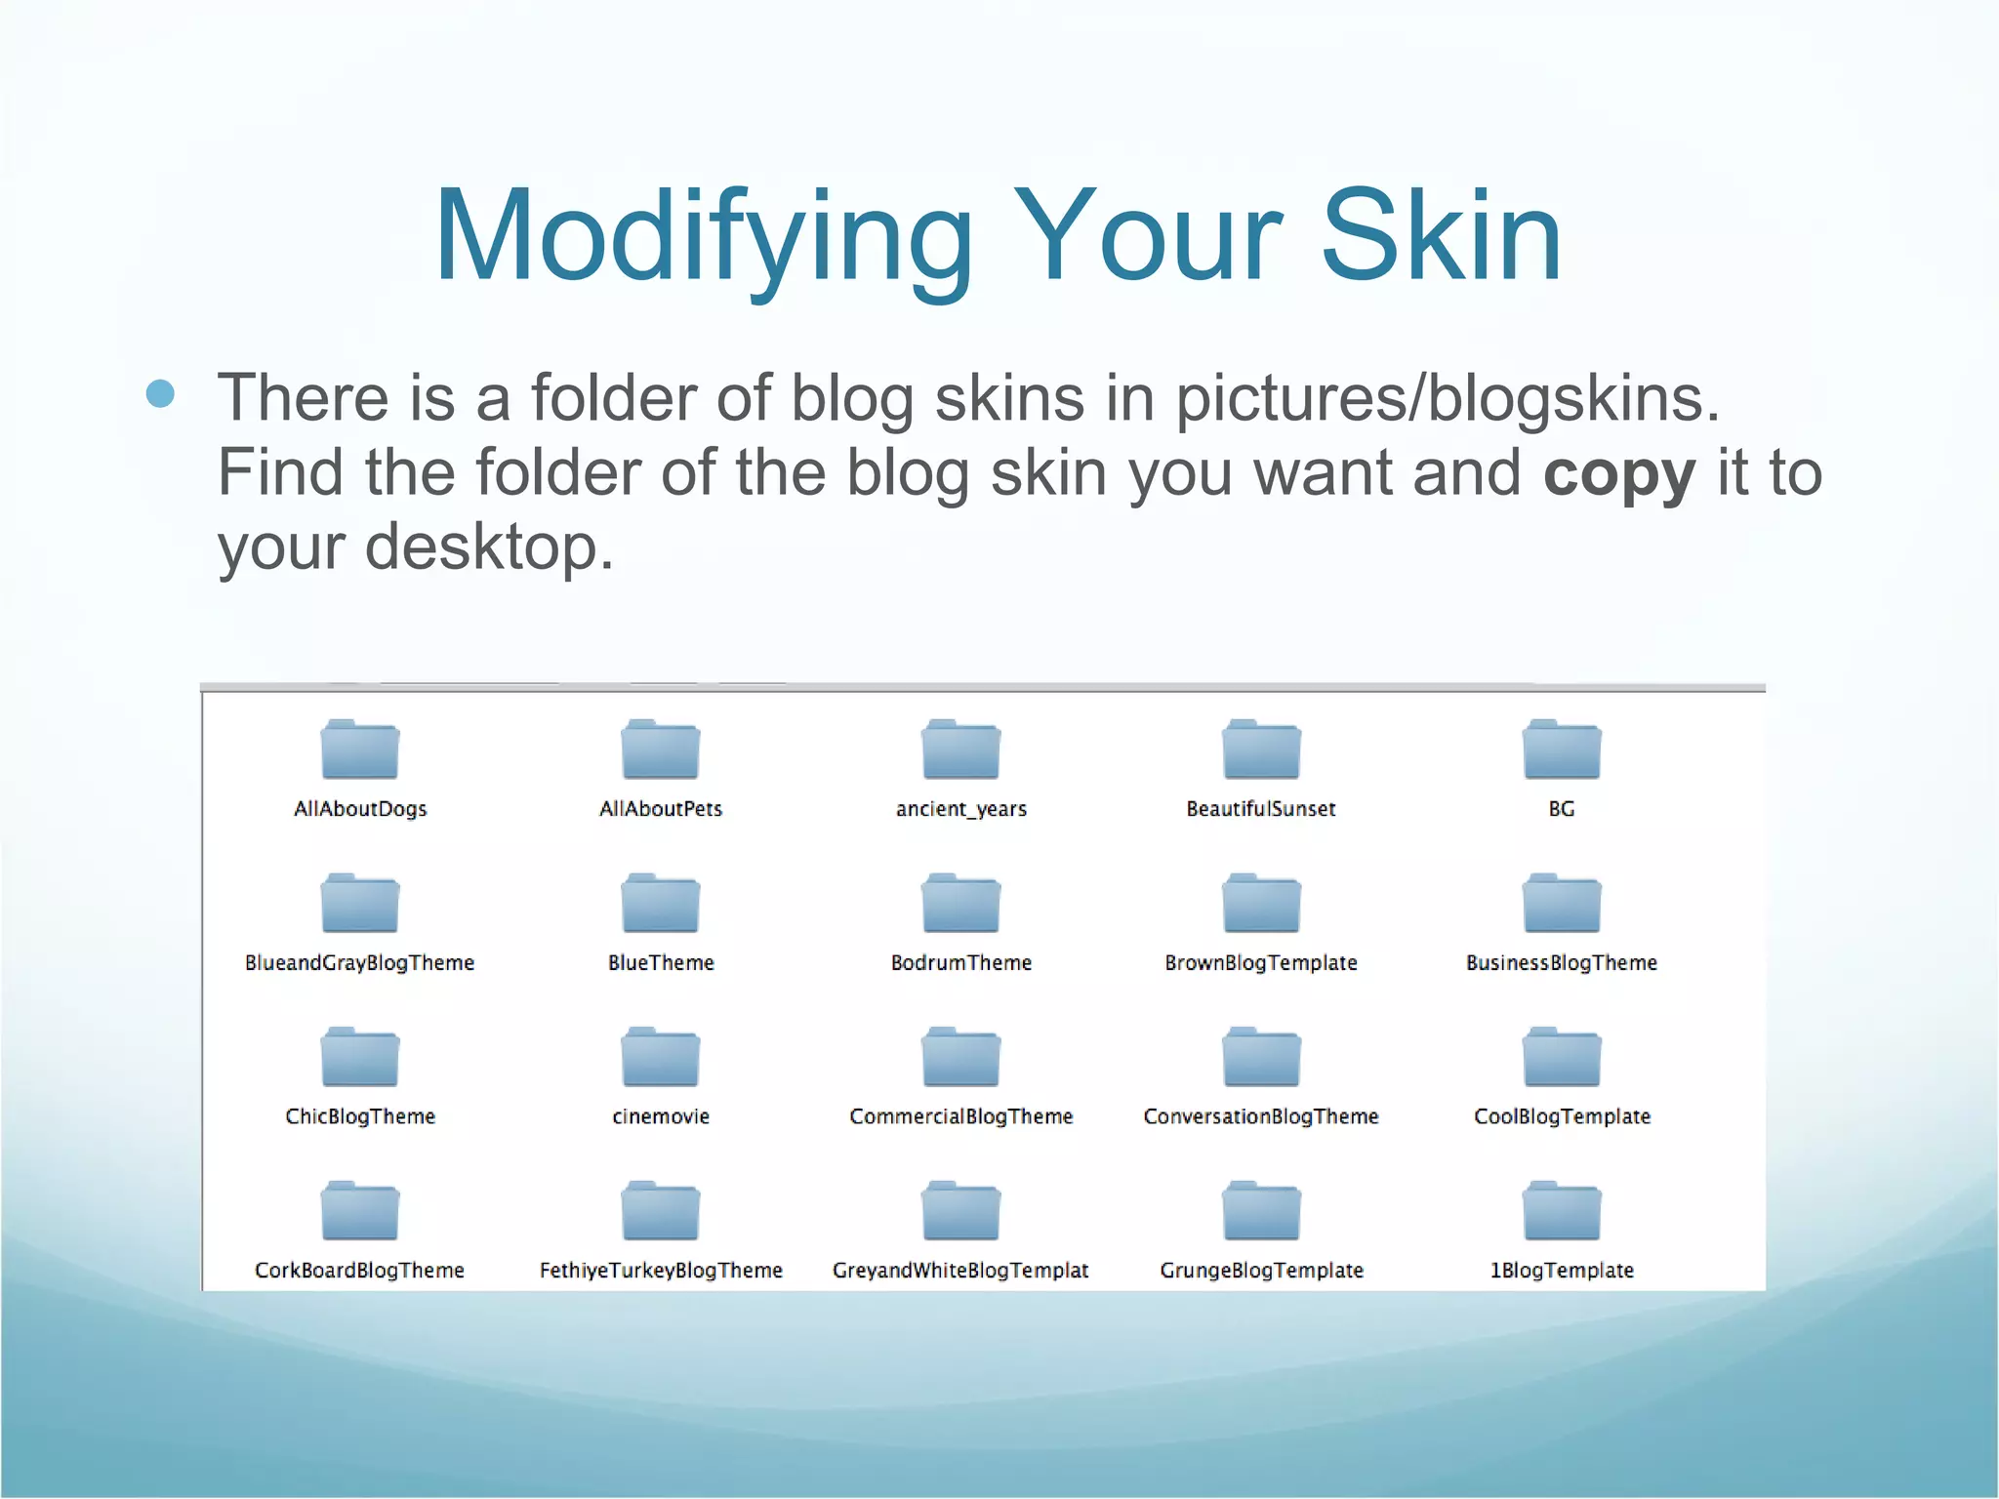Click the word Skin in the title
(1441, 237)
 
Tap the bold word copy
(1619, 473)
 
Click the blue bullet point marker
(160, 394)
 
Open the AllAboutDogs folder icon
(360, 749)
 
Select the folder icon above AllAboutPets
(661, 749)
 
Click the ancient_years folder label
(961, 809)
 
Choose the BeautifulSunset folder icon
(1261, 749)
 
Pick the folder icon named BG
(1562, 749)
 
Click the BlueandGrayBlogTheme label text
(359, 963)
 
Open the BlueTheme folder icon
(661, 904)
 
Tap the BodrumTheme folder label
(961, 963)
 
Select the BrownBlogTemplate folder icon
(1261, 904)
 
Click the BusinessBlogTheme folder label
(1562, 963)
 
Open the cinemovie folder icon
(661, 1057)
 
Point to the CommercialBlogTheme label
(961, 1116)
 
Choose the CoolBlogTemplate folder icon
(1562, 1057)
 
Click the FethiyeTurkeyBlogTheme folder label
(661, 1271)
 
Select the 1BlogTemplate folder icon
(1562, 1211)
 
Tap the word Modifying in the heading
(703, 239)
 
